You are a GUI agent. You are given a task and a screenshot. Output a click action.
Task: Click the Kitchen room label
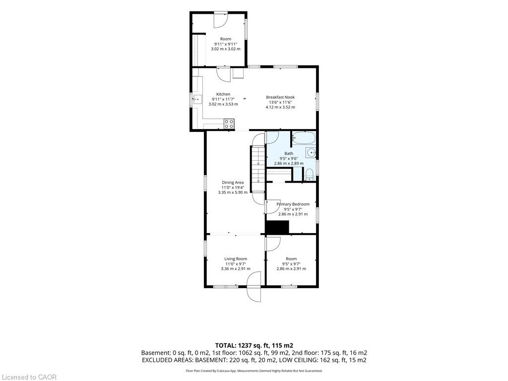223,94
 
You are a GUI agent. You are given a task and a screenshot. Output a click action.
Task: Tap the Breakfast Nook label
280,97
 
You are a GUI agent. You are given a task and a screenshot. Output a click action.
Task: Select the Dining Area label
233,183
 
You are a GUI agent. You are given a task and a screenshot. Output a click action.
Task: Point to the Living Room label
236,259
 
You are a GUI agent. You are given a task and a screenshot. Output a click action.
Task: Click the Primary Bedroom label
293,204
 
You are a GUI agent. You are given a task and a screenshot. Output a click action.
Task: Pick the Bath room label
289,154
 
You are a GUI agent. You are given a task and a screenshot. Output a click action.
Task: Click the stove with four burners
229,123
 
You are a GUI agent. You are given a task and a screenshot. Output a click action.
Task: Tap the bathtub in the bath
303,138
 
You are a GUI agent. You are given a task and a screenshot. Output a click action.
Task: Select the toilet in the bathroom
310,175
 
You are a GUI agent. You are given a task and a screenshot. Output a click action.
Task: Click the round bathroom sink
311,152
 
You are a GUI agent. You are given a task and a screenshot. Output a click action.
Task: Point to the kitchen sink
197,99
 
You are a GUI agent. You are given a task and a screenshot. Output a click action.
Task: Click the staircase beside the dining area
258,169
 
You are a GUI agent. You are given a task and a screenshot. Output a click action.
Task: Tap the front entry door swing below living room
254,287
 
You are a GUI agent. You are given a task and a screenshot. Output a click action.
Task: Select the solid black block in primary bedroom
277,227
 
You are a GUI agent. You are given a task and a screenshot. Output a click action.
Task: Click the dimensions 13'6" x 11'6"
280,102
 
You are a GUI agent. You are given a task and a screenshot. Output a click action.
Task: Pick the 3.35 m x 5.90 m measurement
233,192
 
